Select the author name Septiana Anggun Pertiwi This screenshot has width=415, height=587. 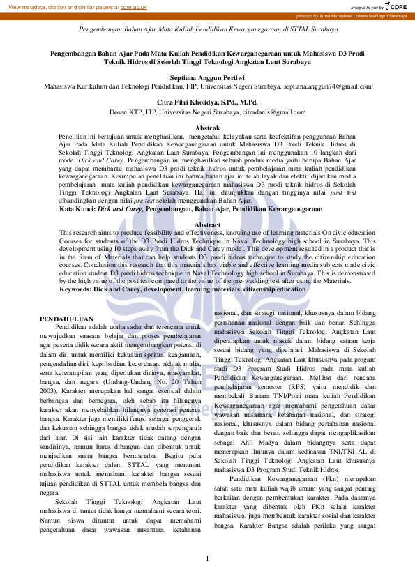(207, 77)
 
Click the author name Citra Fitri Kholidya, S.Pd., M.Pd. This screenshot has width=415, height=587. (207, 102)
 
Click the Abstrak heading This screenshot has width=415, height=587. (207, 129)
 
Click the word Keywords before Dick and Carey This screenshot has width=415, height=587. (79, 289)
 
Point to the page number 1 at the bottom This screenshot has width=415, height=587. (207, 558)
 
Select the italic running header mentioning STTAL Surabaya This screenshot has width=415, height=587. (207, 30)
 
